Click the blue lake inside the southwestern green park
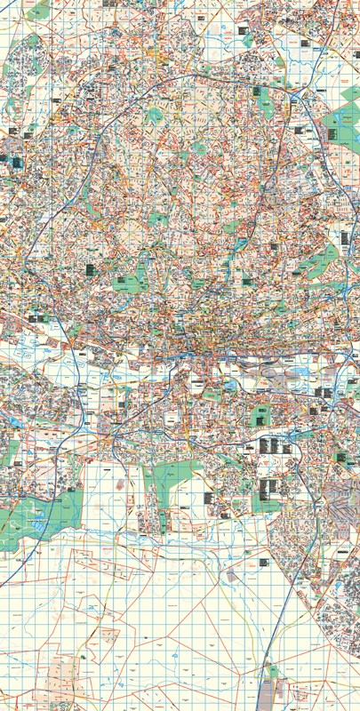click(37, 525)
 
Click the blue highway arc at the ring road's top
click(178, 78)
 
